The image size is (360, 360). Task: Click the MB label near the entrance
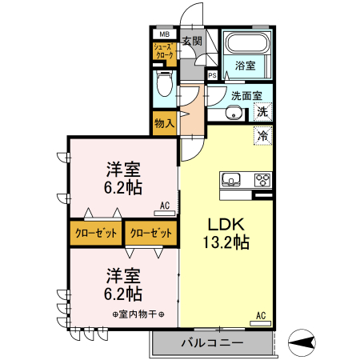(x=163, y=34)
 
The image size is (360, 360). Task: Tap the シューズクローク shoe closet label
(x=163, y=52)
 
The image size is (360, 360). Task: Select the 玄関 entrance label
(x=190, y=41)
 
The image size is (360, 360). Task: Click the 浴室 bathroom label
(x=246, y=66)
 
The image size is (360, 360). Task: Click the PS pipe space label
(x=212, y=75)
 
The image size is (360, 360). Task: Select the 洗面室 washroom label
(x=245, y=95)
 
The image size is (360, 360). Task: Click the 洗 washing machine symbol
(x=262, y=113)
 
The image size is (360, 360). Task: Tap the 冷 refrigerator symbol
(x=262, y=136)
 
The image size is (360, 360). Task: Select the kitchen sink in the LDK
(x=230, y=178)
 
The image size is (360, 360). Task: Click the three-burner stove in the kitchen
(x=262, y=178)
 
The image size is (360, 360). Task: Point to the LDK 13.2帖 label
(x=226, y=232)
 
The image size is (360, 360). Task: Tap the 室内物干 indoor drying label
(x=138, y=313)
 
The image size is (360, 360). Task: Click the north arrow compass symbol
(x=299, y=344)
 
